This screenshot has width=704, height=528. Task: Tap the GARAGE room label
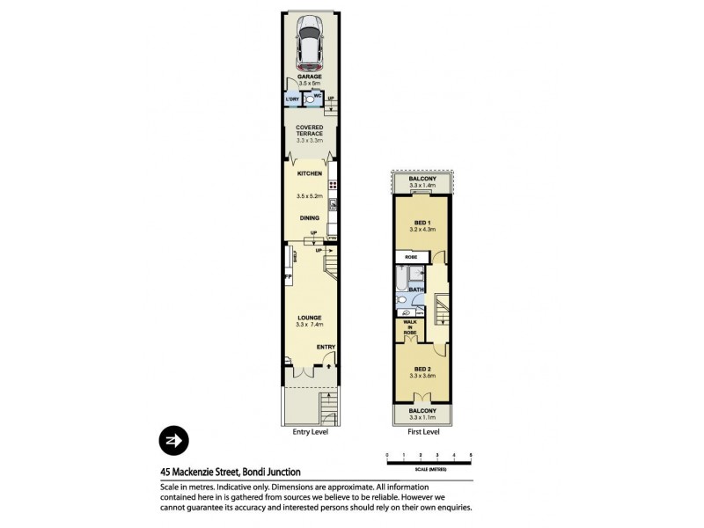(x=309, y=77)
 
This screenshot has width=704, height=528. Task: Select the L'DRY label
(x=291, y=100)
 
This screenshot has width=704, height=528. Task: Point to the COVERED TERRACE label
(x=309, y=130)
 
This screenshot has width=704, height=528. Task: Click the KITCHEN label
(x=309, y=173)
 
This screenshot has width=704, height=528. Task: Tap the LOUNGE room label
(x=309, y=318)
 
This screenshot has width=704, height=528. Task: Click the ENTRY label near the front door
(x=326, y=347)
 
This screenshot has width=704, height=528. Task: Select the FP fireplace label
(x=287, y=278)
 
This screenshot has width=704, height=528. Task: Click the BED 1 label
(x=422, y=221)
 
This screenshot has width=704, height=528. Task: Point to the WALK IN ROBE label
(x=410, y=327)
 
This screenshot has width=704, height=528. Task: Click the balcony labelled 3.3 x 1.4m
(x=422, y=182)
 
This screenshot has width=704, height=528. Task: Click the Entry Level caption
(x=310, y=433)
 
